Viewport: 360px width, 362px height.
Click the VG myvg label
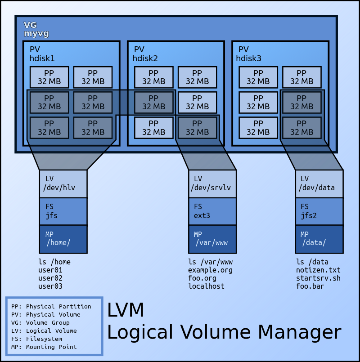(x=36, y=29)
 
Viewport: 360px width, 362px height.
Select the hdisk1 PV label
(x=42, y=54)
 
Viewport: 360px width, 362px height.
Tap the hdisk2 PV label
(x=145, y=54)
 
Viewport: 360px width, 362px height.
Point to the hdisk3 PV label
(x=249, y=54)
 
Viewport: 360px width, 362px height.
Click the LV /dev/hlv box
(x=63, y=184)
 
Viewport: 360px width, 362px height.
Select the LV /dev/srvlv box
(x=212, y=184)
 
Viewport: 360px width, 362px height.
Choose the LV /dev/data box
(x=319, y=184)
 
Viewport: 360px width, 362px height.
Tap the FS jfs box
(x=63, y=211)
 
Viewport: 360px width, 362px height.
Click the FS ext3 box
(x=212, y=211)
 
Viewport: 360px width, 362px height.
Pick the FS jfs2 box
(x=319, y=211)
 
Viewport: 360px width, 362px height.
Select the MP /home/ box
(x=63, y=239)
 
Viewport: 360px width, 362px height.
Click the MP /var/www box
(x=212, y=239)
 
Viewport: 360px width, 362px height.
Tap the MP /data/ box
(x=319, y=239)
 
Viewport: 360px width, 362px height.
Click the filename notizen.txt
(x=318, y=270)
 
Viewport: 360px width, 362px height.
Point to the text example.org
(x=210, y=270)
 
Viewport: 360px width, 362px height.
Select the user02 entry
(x=50, y=278)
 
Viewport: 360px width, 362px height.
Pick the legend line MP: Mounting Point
(x=44, y=347)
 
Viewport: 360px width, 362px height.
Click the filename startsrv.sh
(x=318, y=278)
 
